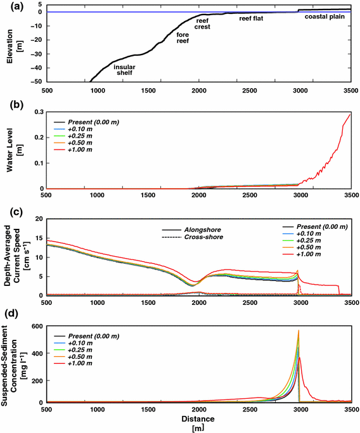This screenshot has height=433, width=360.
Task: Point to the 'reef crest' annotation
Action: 203,24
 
